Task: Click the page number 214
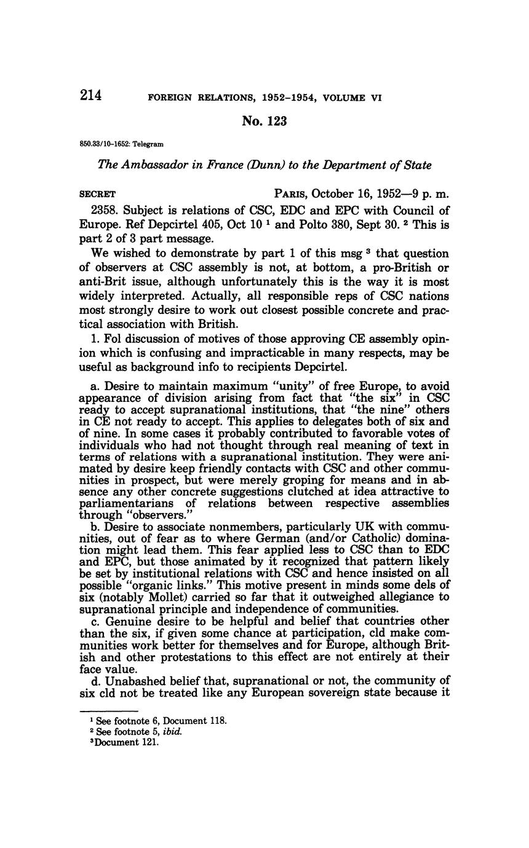(x=90, y=96)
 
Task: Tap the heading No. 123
(x=264, y=121)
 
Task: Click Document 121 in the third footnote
(x=132, y=742)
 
